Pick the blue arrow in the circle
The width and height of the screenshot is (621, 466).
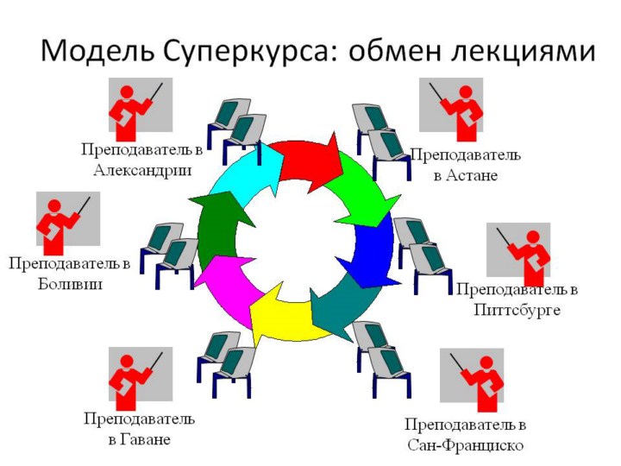(x=374, y=250)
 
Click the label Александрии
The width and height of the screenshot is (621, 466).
(x=141, y=170)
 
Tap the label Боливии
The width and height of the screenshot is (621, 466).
(x=70, y=283)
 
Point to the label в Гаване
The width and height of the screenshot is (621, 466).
(x=139, y=439)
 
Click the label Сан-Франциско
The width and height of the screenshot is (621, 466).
(x=465, y=445)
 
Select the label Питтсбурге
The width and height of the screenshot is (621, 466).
(x=517, y=309)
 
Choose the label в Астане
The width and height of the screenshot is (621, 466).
(x=465, y=175)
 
